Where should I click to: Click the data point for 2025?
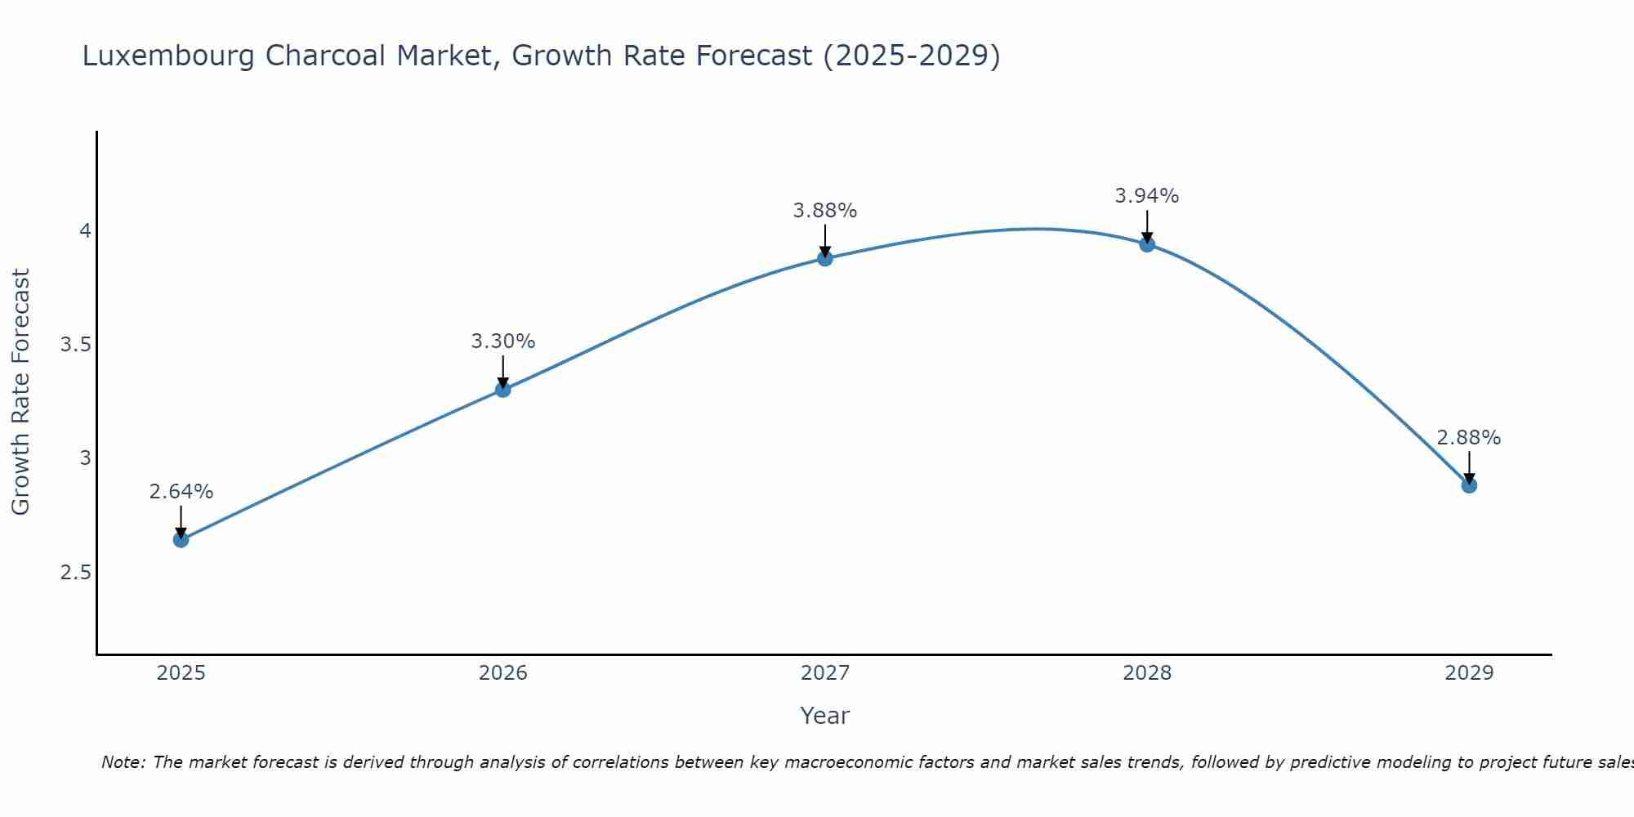(181, 539)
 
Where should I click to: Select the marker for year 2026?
(502, 390)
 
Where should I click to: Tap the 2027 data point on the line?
(824, 258)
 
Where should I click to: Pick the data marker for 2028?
(1146, 244)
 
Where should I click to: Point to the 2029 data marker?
(1468, 485)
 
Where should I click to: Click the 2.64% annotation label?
(181, 492)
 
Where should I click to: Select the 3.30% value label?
(502, 342)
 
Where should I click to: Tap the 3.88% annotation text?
(824, 211)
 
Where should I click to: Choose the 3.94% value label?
(1146, 196)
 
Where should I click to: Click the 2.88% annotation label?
(1468, 438)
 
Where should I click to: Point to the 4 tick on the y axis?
(84, 231)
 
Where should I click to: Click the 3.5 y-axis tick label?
(75, 345)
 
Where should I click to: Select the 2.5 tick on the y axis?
(75, 573)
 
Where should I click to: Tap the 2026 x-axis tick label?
(502, 673)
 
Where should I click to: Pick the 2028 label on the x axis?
(1146, 673)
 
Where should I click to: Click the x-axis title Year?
(824, 716)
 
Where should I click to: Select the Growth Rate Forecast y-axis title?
(20, 392)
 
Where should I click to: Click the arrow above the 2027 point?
(824, 240)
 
